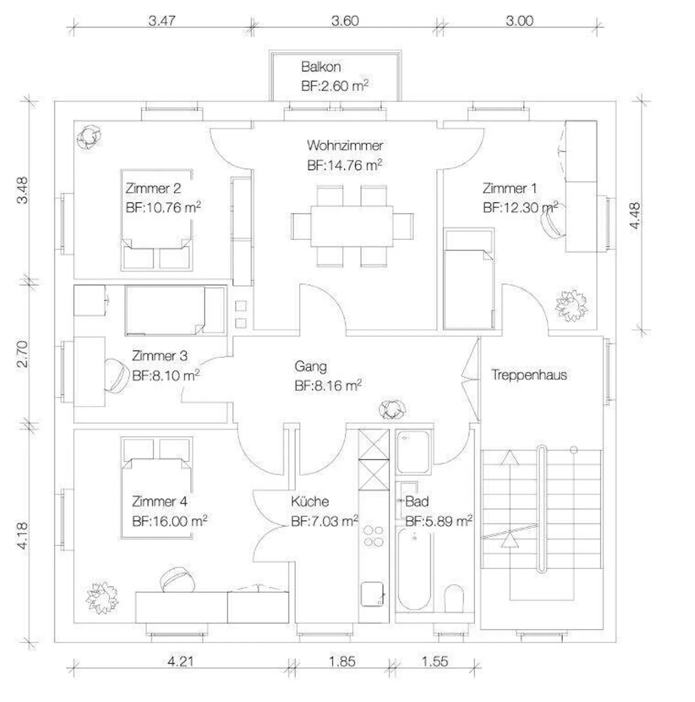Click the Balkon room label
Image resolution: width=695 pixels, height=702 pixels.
(x=321, y=67)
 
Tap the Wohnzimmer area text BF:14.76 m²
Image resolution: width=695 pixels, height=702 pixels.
(x=345, y=165)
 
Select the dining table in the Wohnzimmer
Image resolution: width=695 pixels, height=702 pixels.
(x=352, y=226)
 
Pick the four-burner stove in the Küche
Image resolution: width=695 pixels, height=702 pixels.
(x=374, y=536)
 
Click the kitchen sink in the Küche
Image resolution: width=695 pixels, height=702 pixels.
(x=372, y=593)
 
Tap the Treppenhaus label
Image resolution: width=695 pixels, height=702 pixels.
(x=529, y=375)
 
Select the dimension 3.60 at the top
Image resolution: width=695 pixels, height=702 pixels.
(x=345, y=21)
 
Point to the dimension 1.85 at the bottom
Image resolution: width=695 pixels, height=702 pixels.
(x=342, y=661)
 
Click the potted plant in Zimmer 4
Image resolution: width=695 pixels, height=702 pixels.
(x=102, y=598)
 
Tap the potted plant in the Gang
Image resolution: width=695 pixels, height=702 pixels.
(x=392, y=410)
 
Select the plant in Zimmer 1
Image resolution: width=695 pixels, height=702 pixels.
(x=572, y=305)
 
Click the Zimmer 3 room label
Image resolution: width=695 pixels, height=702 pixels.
(x=160, y=356)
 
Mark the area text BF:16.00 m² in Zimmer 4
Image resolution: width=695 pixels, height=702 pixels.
(x=169, y=522)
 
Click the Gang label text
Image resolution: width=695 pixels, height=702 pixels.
(x=310, y=366)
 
